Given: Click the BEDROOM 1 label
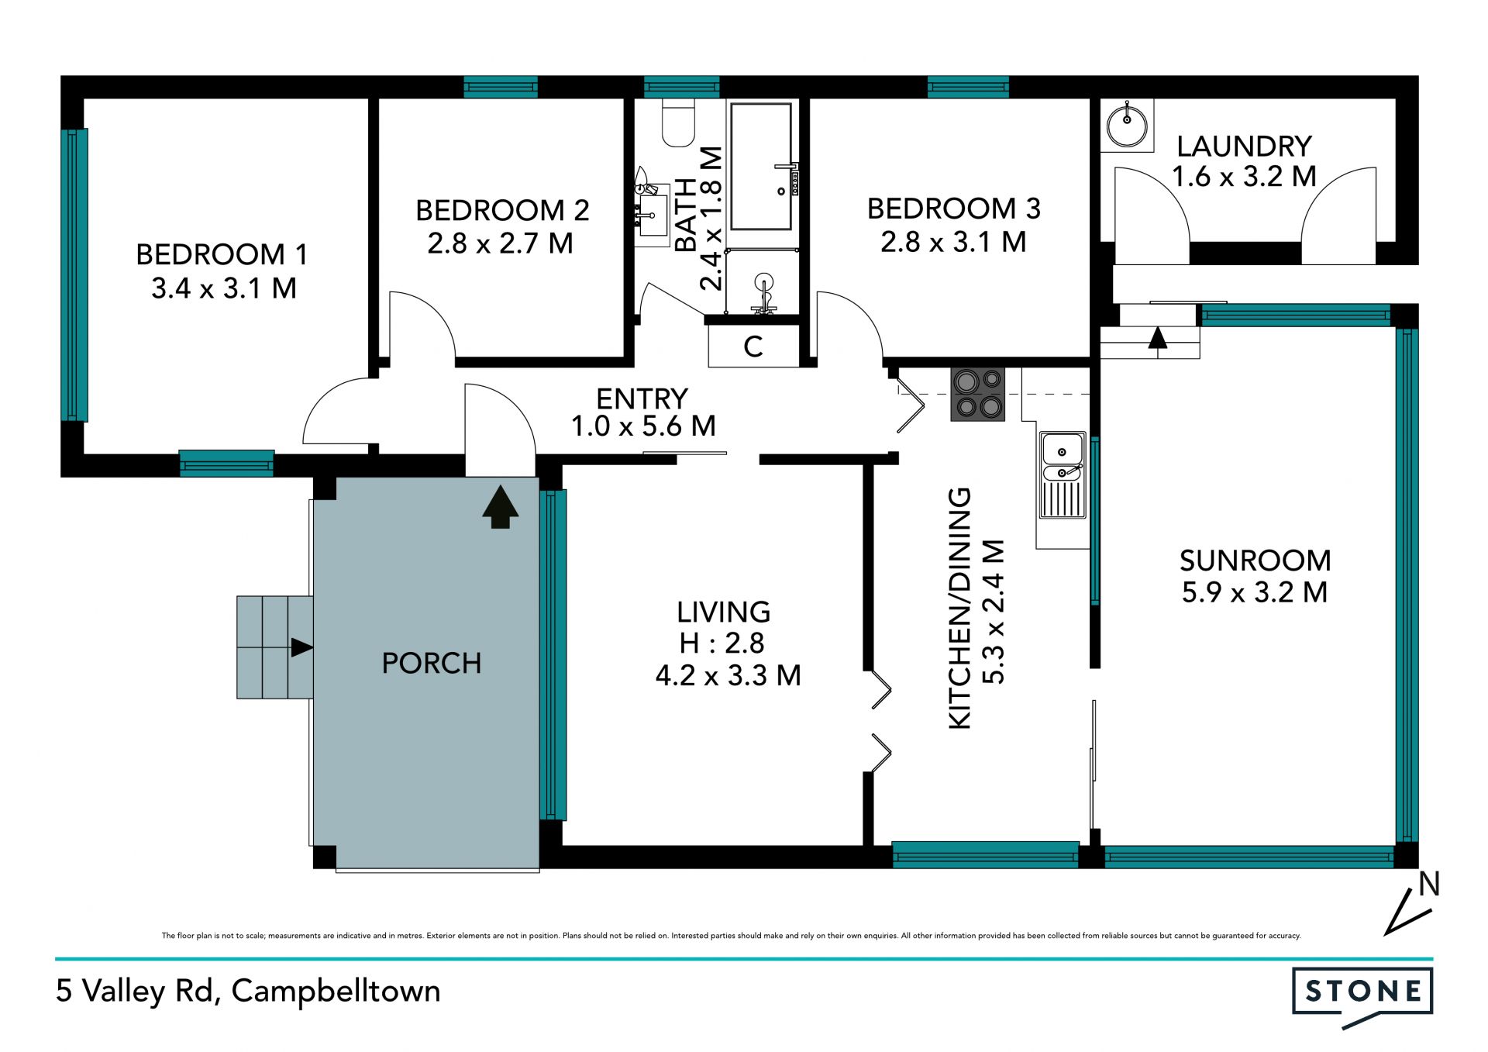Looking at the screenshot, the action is (x=222, y=254).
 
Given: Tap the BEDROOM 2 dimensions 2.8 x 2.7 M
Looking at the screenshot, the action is (x=500, y=243).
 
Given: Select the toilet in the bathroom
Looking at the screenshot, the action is (x=678, y=122).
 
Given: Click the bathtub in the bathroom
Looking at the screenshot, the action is (x=762, y=166).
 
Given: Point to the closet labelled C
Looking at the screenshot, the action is (x=753, y=346).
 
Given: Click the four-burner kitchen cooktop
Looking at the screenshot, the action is (x=978, y=394).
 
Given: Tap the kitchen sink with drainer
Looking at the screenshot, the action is (x=1063, y=474).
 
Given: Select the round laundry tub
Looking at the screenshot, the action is (x=1127, y=125).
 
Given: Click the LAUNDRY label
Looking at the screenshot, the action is (x=1244, y=146).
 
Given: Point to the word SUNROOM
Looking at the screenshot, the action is (x=1255, y=560).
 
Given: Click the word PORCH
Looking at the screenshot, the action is (x=432, y=663).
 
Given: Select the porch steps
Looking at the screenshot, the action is (x=275, y=647).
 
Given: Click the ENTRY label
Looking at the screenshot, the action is (x=642, y=398).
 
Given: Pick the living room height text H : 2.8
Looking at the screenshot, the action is (x=722, y=643).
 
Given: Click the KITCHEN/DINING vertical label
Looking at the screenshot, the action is (x=959, y=608).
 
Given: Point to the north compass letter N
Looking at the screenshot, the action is (x=1429, y=884).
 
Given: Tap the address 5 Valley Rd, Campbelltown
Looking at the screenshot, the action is (x=248, y=992).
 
